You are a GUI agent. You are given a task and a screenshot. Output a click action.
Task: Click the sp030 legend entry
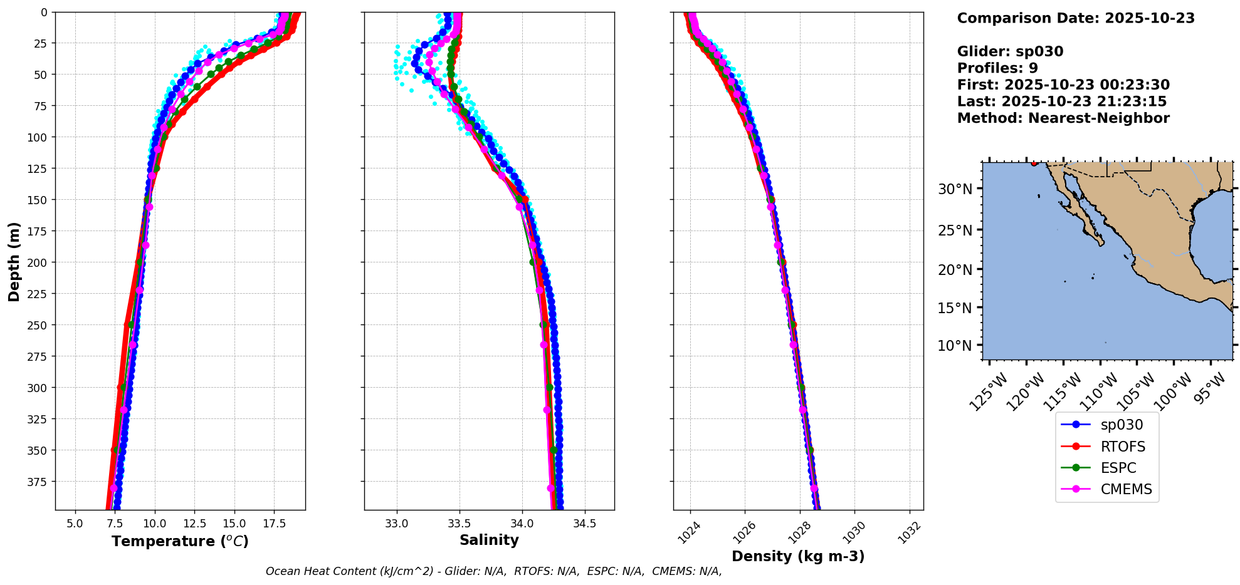click(1121, 425)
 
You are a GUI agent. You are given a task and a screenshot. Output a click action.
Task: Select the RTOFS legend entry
click(1122, 447)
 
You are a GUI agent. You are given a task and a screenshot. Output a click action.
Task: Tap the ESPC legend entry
click(1118, 468)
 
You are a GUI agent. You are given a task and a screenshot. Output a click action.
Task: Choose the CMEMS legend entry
click(1126, 489)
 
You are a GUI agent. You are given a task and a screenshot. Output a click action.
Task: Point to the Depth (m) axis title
click(14, 261)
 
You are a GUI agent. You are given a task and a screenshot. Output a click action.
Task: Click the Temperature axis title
click(180, 541)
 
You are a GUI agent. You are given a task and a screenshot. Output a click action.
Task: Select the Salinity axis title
click(489, 540)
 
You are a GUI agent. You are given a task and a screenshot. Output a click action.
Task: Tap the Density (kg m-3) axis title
click(798, 556)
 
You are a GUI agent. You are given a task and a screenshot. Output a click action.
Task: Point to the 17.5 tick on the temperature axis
click(274, 523)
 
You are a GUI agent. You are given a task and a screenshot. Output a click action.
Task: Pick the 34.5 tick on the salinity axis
click(584, 523)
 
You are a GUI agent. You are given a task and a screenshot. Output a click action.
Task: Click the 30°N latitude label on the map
click(955, 189)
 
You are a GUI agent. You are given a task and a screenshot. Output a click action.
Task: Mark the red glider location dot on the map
click(1034, 163)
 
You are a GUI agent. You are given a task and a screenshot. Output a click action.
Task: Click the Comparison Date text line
click(1076, 18)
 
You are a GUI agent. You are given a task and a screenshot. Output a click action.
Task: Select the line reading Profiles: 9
click(997, 68)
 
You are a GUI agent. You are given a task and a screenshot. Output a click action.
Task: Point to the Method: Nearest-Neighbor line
click(1063, 118)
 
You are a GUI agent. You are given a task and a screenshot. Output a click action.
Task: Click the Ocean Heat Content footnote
click(493, 571)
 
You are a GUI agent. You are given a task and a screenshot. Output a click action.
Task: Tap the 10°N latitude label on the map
click(955, 346)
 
